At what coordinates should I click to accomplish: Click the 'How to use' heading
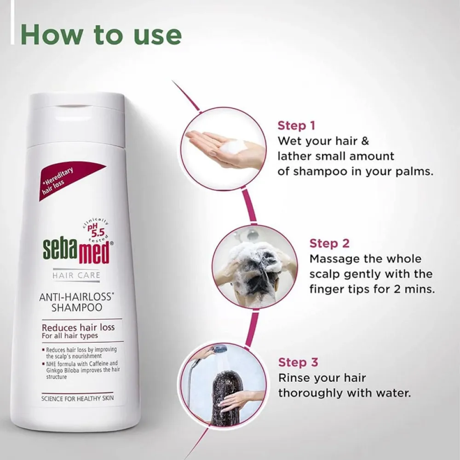(101, 35)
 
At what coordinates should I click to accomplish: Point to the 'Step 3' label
(298, 362)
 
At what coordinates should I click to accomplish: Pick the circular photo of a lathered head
(254, 267)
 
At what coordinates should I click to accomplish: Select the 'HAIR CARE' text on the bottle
(77, 276)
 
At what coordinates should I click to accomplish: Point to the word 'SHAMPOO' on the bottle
(76, 305)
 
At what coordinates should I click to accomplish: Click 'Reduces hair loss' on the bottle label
(78, 328)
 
